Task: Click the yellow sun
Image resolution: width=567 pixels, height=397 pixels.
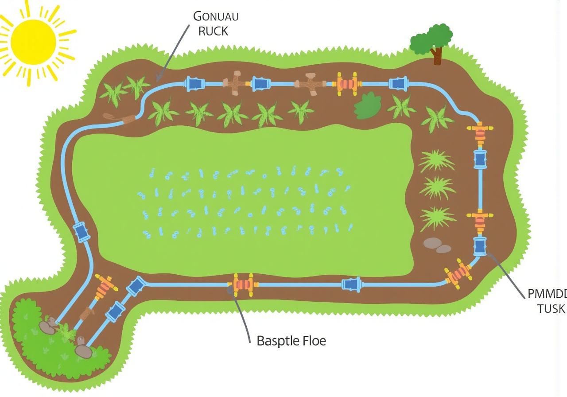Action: point(33,42)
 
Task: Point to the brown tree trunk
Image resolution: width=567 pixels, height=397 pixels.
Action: point(438,56)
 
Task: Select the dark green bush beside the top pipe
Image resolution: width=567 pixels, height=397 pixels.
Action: point(367,106)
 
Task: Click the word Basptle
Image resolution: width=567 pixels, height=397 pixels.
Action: point(276,341)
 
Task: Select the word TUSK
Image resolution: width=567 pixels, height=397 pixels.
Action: point(551,309)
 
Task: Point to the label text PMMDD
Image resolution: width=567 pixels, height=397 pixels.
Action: point(548,294)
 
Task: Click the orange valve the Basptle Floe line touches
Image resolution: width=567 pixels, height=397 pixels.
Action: point(243,285)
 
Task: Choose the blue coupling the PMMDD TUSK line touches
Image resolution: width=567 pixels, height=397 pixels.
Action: point(480,246)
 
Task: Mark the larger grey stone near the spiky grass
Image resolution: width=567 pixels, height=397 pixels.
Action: point(432,243)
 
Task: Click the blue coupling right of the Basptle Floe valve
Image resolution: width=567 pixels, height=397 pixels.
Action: point(351,284)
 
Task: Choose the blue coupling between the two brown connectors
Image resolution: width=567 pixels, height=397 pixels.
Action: point(261,83)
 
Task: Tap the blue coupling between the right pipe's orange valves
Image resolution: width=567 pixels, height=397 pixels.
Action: point(480,159)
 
